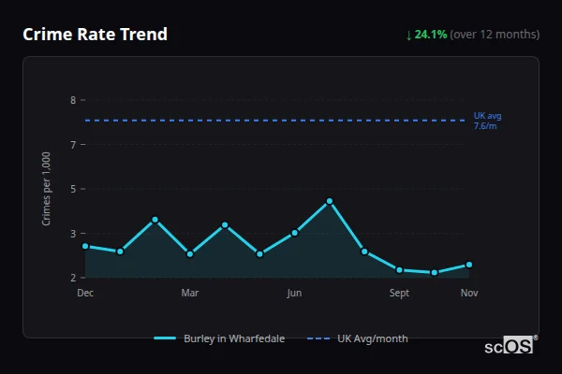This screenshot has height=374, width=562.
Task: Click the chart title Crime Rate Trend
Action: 95,35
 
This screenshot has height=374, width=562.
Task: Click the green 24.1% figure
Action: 431,35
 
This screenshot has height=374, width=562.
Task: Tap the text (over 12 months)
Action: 495,35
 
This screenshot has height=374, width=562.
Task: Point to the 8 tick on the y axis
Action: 72,100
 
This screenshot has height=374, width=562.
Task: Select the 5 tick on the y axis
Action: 72,189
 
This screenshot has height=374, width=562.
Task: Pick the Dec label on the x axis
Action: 85,294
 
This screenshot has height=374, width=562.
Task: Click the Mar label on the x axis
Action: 190,294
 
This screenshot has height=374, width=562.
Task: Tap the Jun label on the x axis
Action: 294,294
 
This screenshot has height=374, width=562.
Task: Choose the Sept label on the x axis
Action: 399,294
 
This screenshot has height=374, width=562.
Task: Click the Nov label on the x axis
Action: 469,294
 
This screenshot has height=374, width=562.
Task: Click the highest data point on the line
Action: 330,201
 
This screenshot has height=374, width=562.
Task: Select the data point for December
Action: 85,246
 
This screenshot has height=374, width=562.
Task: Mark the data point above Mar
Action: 190,253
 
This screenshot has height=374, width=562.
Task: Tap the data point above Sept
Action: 399,269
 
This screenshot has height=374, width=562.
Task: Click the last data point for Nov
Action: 469,265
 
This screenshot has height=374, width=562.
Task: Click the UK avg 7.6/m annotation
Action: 488,121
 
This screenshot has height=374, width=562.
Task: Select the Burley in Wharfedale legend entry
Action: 220,338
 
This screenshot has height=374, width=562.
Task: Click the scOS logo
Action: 510,346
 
